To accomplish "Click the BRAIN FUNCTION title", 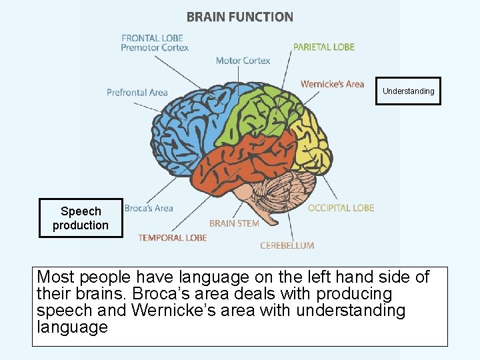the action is coord(239,17).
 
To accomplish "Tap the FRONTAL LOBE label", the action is coord(151,38).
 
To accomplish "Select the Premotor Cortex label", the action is coord(155,48).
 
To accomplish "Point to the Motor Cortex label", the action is coord(243,61).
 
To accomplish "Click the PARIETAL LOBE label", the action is coord(323,47).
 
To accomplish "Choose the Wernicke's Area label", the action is coord(332,84).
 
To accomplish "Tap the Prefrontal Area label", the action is coord(137,93).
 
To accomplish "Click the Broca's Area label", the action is coord(149,209).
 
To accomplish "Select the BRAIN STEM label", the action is coord(234,223).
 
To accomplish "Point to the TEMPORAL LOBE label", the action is coord(173,237).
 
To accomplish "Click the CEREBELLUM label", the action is coord(287,245).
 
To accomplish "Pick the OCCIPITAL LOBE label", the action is coord(341,208).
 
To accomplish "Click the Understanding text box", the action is coord(408,91).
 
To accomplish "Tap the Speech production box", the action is coord(81,218).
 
